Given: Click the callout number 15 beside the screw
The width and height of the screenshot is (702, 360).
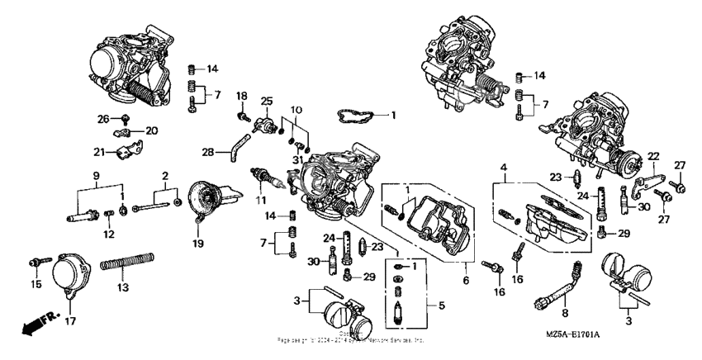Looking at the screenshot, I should click(x=35, y=284).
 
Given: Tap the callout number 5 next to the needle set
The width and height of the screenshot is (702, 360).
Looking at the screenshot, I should click(x=440, y=306).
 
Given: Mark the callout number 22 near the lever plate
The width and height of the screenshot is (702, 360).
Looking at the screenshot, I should click(x=652, y=157).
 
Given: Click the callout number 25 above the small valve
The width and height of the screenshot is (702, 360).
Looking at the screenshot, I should click(x=266, y=101).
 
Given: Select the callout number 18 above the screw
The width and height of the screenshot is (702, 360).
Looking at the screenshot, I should click(x=242, y=97).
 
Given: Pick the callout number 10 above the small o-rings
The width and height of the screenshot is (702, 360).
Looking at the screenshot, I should click(x=295, y=110).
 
